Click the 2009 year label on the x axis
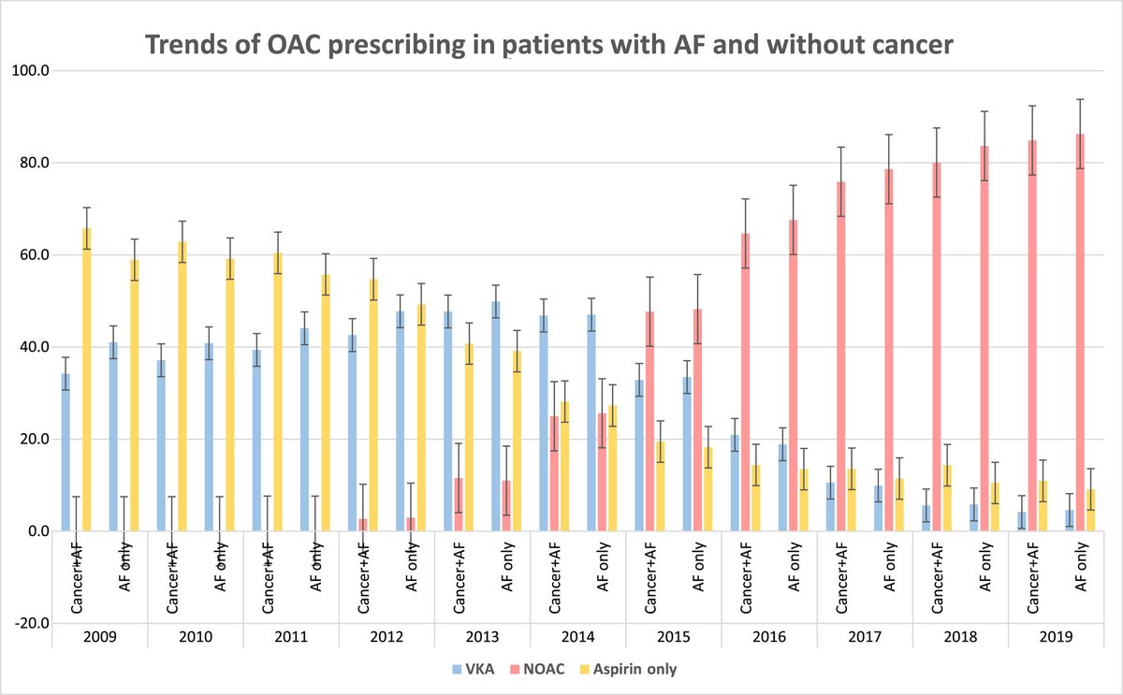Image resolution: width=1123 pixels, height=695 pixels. [99, 636]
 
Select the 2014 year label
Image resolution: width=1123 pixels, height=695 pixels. [577, 636]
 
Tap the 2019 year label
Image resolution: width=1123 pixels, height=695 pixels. [1056, 636]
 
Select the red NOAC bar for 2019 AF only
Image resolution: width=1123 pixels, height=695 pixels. [1079, 332]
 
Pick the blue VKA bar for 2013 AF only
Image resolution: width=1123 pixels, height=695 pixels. [495, 416]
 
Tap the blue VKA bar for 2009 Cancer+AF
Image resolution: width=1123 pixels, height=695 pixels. [66, 453]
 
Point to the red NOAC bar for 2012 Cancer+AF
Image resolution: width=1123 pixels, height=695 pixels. [362, 525]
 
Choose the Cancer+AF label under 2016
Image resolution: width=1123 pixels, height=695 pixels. [746, 574]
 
